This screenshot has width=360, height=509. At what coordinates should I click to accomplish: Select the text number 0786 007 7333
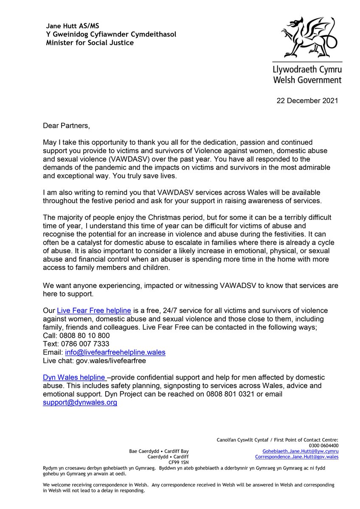(x=84, y=344)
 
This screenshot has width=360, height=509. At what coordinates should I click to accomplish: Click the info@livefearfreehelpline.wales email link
(x=115, y=352)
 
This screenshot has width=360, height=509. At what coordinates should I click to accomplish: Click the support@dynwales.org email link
(x=80, y=403)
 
